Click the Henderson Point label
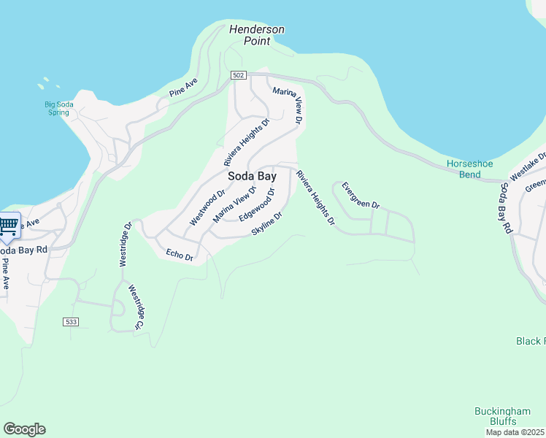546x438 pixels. click(256, 35)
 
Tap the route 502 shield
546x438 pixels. click(239, 75)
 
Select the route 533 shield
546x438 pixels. click(71, 321)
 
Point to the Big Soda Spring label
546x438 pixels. click(58, 109)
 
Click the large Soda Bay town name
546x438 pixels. click(252, 177)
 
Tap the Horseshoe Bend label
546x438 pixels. click(464, 169)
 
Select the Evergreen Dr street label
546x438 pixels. click(361, 195)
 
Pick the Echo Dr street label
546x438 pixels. click(179, 255)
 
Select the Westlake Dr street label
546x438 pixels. click(528, 167)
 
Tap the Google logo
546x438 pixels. click(24, 429)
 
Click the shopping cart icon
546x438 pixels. click(9, 225)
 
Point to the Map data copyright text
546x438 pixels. click(515, 432)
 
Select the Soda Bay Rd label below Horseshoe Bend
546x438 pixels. click(504, 208)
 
